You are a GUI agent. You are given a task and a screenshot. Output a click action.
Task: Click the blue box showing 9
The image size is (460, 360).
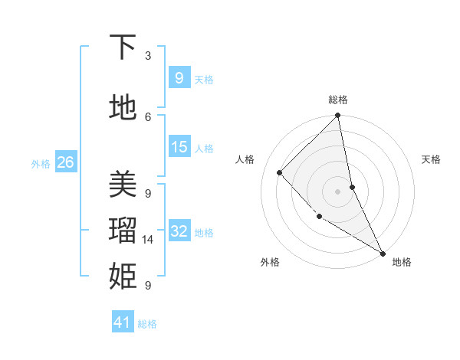179,77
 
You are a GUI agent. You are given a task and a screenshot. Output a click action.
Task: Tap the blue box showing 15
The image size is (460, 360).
179,147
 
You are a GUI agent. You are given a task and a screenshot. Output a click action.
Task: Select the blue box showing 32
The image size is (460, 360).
179,231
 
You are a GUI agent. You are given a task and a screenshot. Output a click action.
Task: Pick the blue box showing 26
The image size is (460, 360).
65,162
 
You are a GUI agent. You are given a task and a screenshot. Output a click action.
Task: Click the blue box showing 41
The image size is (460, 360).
123,322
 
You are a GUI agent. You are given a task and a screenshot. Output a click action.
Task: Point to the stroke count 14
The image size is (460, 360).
149,240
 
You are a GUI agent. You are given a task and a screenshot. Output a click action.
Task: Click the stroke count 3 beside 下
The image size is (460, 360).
148,56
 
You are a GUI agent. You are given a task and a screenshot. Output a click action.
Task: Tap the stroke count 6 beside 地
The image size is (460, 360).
148,116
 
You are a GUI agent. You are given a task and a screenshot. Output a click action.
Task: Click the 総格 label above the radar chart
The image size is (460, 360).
338,100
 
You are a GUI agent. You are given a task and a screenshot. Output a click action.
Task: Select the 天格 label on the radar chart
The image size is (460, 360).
431,159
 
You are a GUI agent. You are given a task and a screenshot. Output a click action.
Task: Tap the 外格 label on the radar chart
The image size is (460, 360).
269,262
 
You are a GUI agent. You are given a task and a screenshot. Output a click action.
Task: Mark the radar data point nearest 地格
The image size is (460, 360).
382,252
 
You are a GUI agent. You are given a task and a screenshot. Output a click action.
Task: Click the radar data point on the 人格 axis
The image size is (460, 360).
280,172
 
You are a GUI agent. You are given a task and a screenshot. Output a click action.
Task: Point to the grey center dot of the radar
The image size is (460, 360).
337,191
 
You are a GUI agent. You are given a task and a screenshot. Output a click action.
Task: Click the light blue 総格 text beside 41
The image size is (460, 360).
147,324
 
